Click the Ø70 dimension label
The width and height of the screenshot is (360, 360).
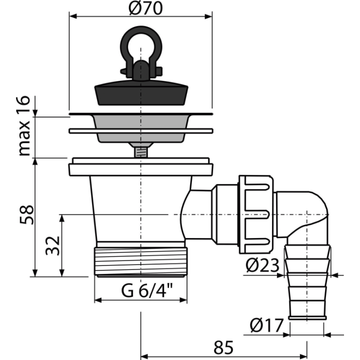pos(145,8)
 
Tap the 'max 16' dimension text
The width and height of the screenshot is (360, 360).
pos(24,126)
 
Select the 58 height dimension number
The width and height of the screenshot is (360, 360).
pos(26,214)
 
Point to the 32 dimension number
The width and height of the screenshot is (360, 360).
pos(52,245)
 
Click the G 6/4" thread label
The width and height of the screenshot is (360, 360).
pos(147,290)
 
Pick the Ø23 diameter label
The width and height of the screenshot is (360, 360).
pos(262,265)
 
